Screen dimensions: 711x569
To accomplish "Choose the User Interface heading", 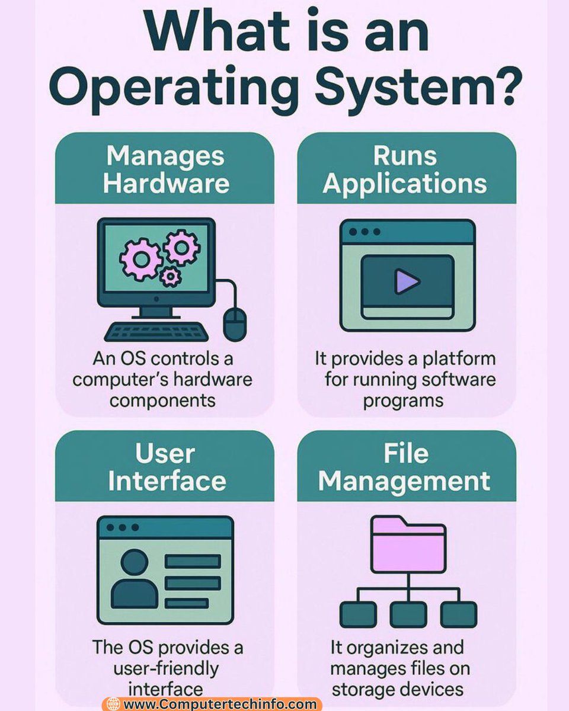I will [167, 467].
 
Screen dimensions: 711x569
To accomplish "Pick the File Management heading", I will [405, 467].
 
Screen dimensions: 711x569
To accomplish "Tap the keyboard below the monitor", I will [158, 331].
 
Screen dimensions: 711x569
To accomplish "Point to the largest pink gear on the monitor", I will [141, 259].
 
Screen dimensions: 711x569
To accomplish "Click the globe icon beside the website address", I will [113, 704].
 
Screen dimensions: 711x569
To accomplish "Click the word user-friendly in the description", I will [167, 668].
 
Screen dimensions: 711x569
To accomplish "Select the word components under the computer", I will [163, 400].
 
